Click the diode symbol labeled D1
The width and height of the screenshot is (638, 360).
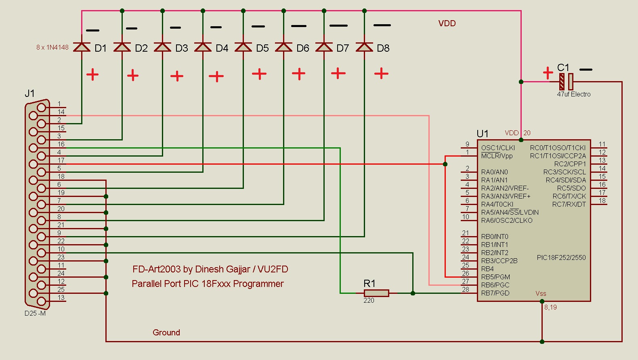click(x=82, y=47)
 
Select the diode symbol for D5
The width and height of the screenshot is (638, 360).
click(x=243, y=47)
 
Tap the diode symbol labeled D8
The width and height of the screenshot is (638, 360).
click(x=364, y=47)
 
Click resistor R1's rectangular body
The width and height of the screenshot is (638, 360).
click(x=376, y=293)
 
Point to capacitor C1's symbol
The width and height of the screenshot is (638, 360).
click(x=566, y=82)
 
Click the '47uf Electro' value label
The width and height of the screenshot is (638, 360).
click(x=574, y=94)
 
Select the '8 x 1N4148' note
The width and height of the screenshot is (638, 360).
click(x=52, y=48)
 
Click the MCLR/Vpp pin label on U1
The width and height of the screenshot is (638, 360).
click(x=497, y=156)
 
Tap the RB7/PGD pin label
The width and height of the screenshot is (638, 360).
click(x=495, y=293)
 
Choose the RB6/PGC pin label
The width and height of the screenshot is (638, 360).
click(x=495, y=285)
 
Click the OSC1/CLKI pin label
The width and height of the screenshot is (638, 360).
click(x=498, y=148)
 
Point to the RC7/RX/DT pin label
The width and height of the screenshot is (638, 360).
click(x=569, y=204)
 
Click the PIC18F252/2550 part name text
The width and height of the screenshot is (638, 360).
click(x=561, y=257)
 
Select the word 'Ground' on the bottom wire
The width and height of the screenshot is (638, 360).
click(x=166, y=333)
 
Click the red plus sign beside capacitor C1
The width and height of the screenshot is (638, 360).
click(x=548, y=73)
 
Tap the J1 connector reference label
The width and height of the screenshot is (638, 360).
click(x=29, y=93)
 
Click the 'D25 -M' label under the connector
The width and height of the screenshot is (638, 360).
click(x=35, y=313)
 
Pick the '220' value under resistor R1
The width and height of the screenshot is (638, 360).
click(x=369, y=301)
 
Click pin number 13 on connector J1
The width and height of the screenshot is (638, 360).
click(x=61, y=298)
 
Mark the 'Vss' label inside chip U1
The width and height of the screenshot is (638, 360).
click(x=541, y=293)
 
